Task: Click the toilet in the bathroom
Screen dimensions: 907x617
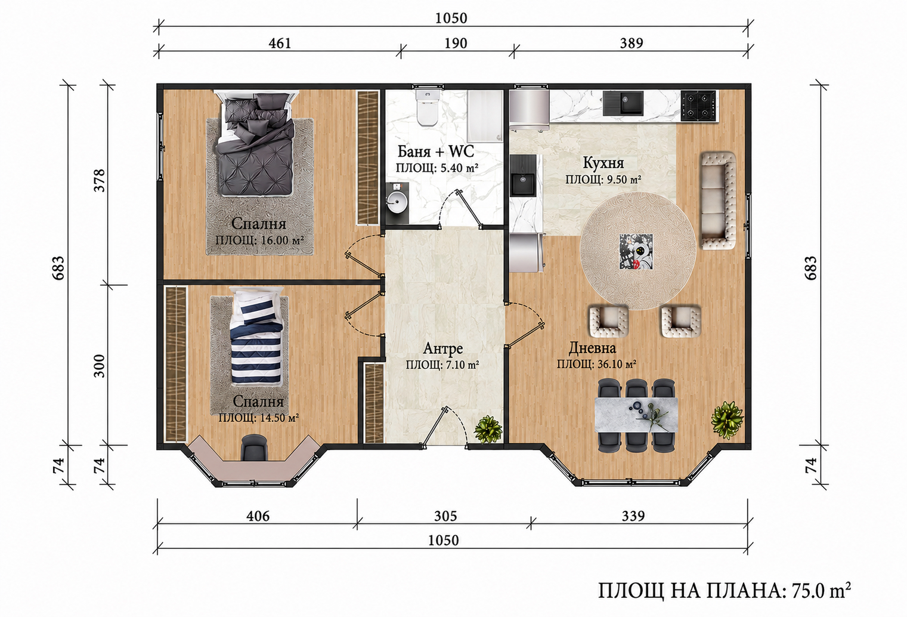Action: pyautogui.click(x=427, y=108)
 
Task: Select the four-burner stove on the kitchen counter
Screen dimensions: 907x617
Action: pyautogui.click(x=698, y=106)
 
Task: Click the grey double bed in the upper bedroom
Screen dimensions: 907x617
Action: pyautogui.click(x=255, y=143)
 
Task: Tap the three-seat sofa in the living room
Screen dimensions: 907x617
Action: pyautogui.click(x=719, y=200)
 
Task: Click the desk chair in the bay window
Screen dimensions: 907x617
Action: pyautogui.click(x=254, y=448)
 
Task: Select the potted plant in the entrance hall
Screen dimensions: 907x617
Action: pyautogui.click(x=488, y=429)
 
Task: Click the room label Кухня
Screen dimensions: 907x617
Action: pyautogui.click(x=603, y=163)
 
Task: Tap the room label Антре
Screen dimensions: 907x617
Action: pyautogui.click(x=442, y=348)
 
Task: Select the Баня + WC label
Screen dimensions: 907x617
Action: pyautogui.click(x=436, y=152)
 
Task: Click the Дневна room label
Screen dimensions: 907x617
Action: pyautogui.click(x=592, y=348)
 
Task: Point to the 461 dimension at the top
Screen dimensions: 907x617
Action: pyautogui.click(x=280, y=43)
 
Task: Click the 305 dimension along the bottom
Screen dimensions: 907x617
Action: pyautogui.click(x=445, y=516)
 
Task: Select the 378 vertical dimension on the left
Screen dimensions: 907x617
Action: pyautogui.click(x=100, y=180)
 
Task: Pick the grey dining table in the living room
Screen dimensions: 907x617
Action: pyautogui.click(x=636, y=415)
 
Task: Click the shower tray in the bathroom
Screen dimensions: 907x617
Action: pyautogui.click(x=485, y=116)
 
